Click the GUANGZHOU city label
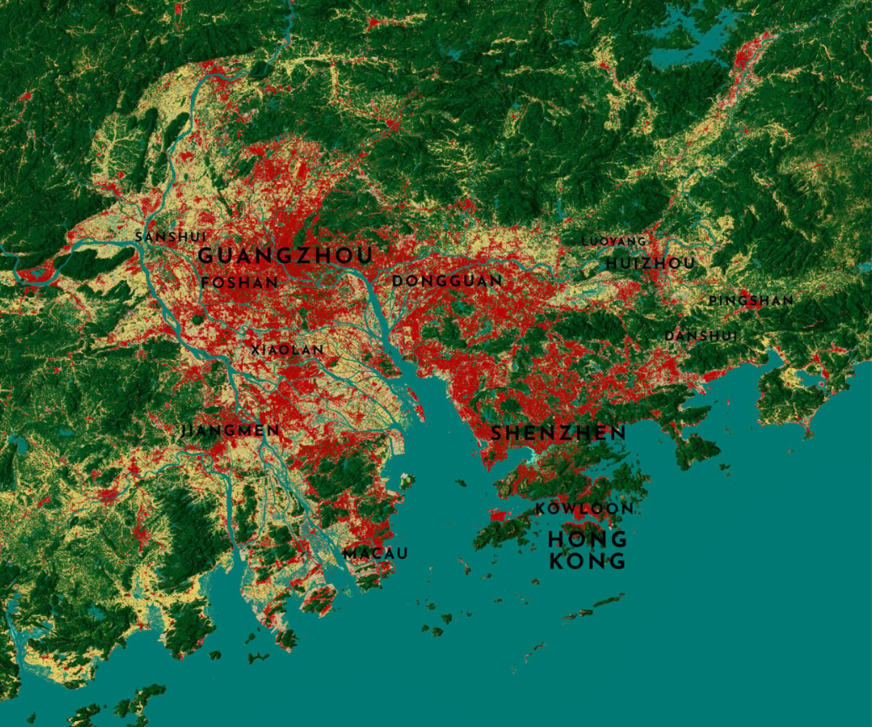click(x=286, y=256)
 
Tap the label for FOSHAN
click(x=240, y=282)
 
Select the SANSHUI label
click(x=171, y=237)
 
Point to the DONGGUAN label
click(x=447, y=281)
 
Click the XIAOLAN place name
click(x=288, y=350)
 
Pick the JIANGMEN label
click(x=231, y=430)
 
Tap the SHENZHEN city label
click(x=558, y=433)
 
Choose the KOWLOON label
click(x=584, y=508)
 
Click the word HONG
click(x=588, y=538)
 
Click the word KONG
click(x=588, y=561)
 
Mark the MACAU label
click(x=375, y=553)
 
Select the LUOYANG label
click(x=614, y=241)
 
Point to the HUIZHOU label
click(x=651, y=263)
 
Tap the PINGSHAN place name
click(x=751, y=300)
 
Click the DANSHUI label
click(x=701, y=336)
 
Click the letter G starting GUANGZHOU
click(x=208, y=256)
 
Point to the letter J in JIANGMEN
click(x=185, y=430)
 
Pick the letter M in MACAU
click(x=349, y=553)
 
